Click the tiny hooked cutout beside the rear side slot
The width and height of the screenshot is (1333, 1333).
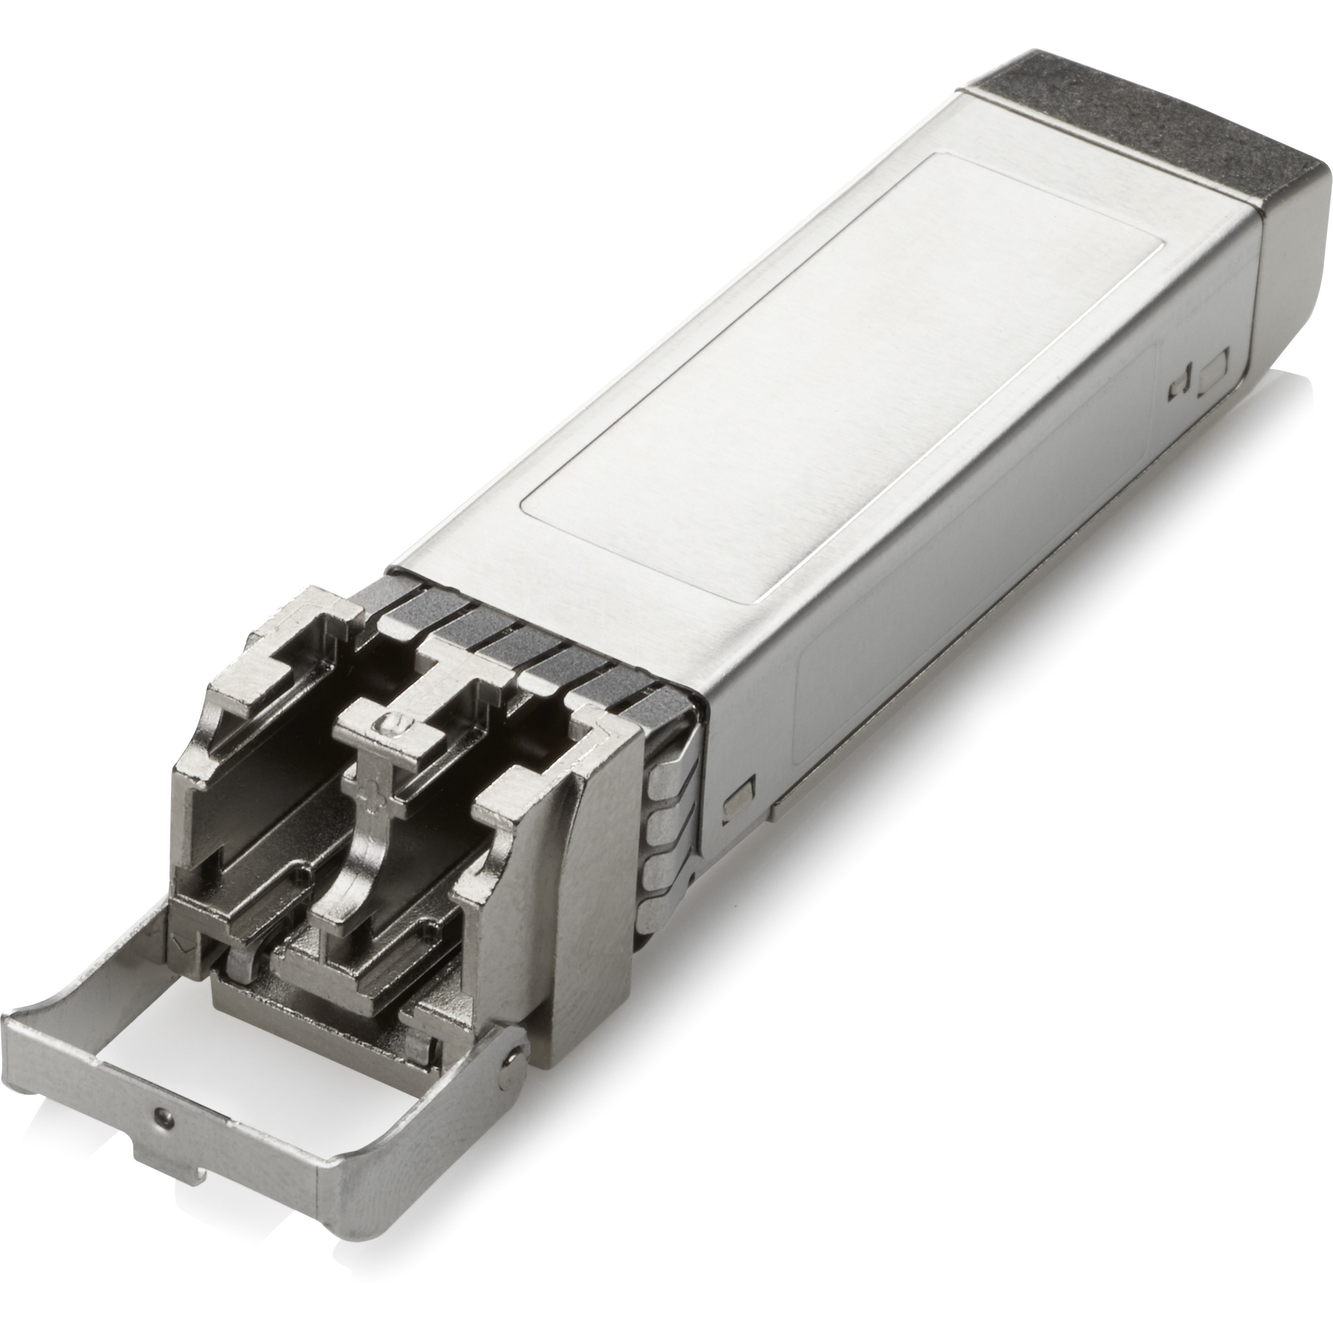1180,390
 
